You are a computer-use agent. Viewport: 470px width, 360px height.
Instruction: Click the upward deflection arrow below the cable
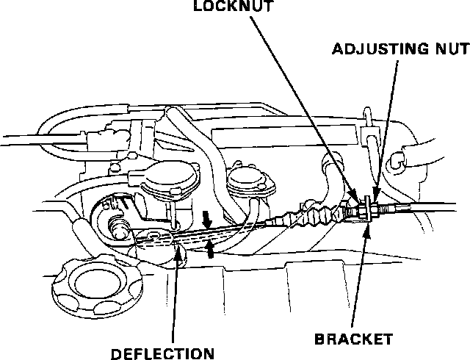pyautogui.click(x=211, y=250)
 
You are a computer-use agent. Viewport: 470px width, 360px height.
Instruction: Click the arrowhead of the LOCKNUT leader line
pyautogui.click(x=363, y=204)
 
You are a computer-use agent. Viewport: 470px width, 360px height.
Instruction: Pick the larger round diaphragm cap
pyautogui.click(x=172, y=181)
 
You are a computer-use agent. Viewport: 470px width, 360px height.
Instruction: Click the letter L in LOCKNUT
pyautogui.click(x=198, y=7)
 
